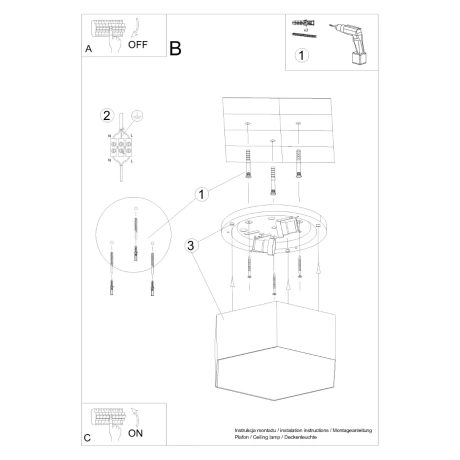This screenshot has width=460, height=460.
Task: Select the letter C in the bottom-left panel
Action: (x=88, y=437)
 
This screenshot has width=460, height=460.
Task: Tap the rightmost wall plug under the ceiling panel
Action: (x=298, y=164)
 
